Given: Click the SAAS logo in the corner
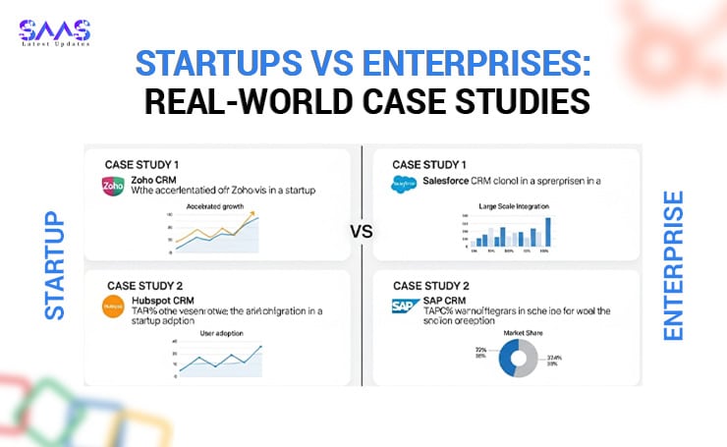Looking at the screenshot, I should tap(55, 33).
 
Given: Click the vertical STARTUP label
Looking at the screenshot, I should tap(55, 264).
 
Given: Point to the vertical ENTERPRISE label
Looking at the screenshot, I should tap(674, 266).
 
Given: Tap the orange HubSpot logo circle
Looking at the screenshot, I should tap(112, 307).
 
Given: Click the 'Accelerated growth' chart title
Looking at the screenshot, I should tap(214, 206).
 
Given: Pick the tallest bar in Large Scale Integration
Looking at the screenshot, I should tap(548, 232).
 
